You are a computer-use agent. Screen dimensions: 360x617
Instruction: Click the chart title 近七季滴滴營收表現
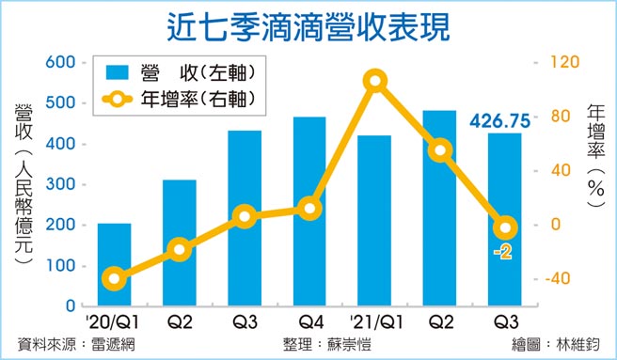point(308,23)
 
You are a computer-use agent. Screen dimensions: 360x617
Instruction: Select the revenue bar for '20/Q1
point(115,264)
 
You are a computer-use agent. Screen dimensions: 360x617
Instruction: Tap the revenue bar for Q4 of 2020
point(309,211)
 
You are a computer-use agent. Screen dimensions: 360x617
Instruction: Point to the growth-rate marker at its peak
point(374,81)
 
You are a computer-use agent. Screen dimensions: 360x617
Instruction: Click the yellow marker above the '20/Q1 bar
point(115,278)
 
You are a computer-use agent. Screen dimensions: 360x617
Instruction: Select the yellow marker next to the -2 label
point(506,227)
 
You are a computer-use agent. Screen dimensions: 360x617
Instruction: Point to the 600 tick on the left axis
point(62,62)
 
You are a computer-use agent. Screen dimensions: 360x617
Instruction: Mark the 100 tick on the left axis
point(62,266)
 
